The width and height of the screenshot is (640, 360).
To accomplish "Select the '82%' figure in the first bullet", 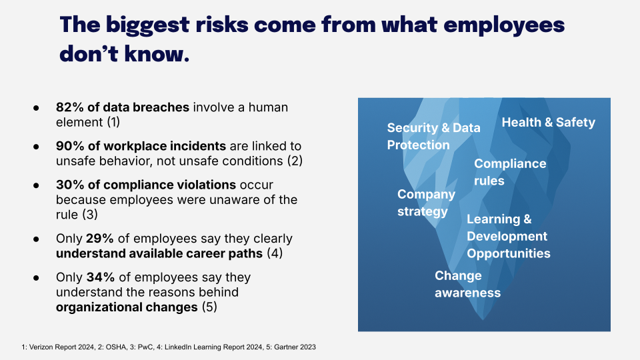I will click(67, 107).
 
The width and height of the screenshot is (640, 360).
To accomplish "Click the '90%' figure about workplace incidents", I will click(68, 145).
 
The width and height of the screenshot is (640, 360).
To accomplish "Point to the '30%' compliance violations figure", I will click(68, 184).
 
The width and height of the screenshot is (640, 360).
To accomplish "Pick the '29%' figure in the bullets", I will click(99, 238).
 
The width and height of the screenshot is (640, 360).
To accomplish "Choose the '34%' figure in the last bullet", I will click(99, 276).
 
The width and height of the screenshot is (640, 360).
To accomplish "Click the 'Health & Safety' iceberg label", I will click(548, 122).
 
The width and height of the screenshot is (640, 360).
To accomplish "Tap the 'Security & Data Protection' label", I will click(433, 136).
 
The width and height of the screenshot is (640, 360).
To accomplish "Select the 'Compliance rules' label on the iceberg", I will click(509, 172).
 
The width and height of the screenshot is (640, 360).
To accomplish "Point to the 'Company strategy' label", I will click(426, 203).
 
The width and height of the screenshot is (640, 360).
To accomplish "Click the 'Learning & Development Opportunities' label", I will click(508, 236).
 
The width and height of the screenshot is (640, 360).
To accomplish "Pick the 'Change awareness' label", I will click(467, 284).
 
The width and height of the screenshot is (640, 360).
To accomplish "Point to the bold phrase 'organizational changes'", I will click(126, 307).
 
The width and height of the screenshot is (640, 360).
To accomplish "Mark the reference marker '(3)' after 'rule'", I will click(89, 215).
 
